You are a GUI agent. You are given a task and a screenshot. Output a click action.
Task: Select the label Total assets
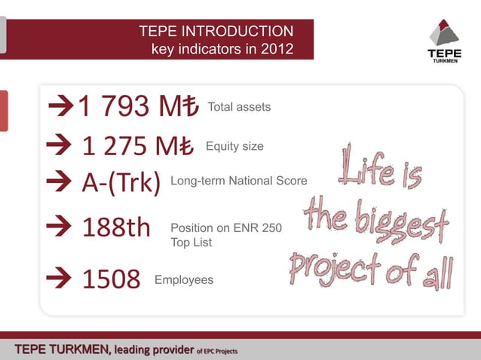238,108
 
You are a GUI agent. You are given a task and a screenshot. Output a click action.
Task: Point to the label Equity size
234,146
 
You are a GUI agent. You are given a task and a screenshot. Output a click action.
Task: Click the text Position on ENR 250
227,227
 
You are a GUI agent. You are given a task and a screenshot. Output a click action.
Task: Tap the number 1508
111,279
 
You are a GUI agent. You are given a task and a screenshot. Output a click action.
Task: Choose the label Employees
184,280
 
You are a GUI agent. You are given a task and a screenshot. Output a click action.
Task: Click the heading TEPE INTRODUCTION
216,32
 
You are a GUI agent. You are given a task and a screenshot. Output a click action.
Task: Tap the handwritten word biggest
407,220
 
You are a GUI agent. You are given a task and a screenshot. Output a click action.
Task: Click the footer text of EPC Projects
217,349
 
